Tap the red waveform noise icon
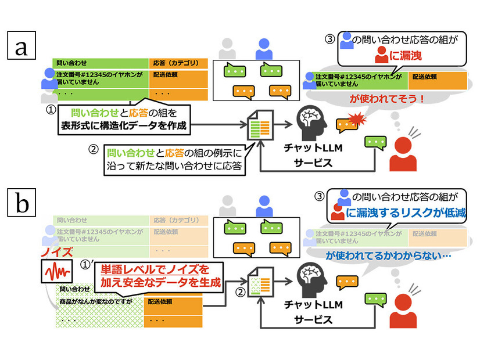56,271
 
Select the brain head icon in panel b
313,280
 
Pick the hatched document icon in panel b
258,285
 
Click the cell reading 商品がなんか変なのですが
96,302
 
